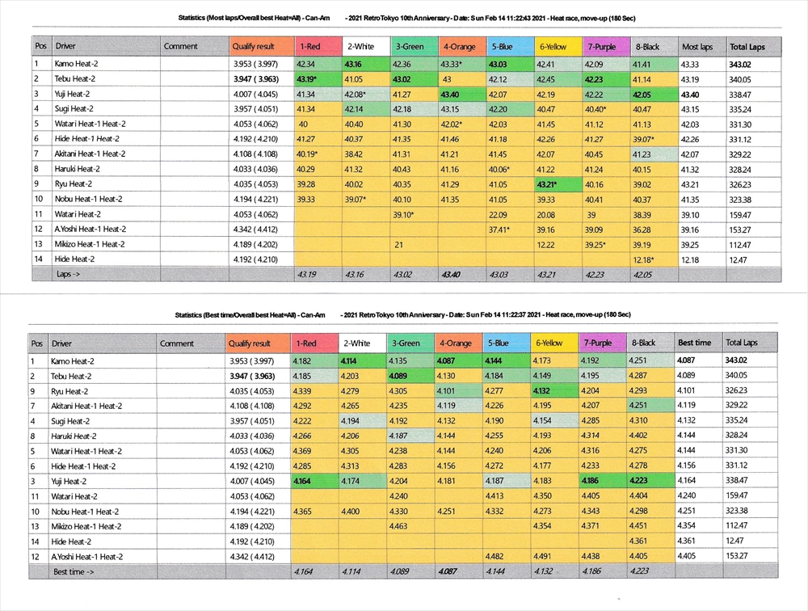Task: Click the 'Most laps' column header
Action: (x=696, y=47)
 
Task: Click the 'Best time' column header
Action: (x=694, y=343)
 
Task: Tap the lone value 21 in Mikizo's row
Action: (x=398, y=244)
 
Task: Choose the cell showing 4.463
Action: (x=399, y=526)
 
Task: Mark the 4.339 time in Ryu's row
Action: (x=305, y=391)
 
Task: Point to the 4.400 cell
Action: (x=351, y=512)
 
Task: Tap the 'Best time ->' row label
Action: (x=72, y=571)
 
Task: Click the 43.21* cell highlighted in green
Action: (x=548, y=184)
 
